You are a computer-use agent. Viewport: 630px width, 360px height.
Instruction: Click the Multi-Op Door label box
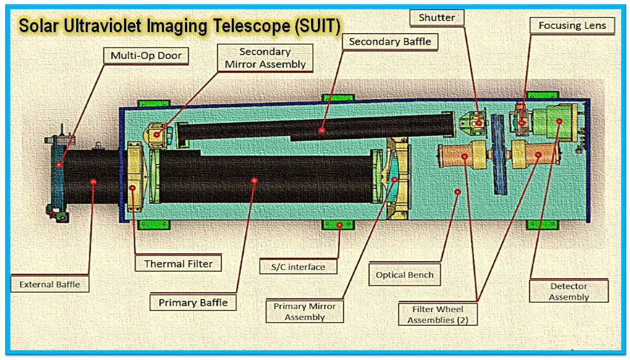[x=149, y=55]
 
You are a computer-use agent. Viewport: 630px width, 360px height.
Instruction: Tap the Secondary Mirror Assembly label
[x=265, y=58]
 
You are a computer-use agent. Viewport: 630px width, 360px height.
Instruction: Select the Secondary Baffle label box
[x=389, y=42]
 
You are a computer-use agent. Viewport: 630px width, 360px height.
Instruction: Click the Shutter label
[x=437, y=17]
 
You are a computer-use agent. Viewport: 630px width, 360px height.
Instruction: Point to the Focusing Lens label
[x=572, y=25]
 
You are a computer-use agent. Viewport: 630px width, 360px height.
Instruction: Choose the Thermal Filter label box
[x=179, y=264]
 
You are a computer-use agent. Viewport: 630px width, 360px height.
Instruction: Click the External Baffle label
[x=50, y=284]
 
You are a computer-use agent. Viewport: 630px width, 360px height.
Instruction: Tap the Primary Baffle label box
[x=193, y=303]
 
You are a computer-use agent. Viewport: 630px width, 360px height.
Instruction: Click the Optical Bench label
[x=405, y=275]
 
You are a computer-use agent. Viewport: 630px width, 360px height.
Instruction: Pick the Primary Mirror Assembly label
[x=305, y=312]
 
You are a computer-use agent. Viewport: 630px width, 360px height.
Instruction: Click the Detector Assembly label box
[x=569, y=292]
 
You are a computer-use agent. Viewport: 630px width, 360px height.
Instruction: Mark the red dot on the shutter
[x=479, y=123]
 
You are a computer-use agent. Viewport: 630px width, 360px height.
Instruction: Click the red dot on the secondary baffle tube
[x=322, y=129]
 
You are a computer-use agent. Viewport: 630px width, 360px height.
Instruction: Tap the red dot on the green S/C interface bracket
[x=339, y=225]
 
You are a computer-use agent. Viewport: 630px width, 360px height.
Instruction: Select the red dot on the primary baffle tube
[x=254, y=180]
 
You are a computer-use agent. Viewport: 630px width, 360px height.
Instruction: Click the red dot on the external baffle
[x=93, y=181]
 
